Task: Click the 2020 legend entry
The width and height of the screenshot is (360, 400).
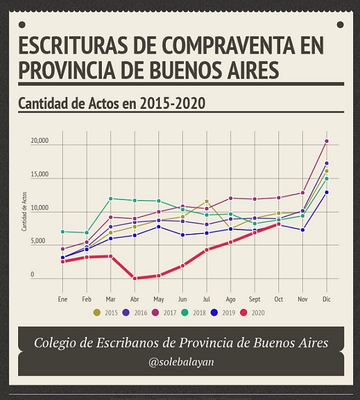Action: (253, 313)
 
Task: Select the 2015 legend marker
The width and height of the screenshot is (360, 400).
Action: (97, 313)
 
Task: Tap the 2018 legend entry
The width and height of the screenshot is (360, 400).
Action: (194, 313)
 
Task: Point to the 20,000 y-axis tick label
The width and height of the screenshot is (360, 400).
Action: (40, 140)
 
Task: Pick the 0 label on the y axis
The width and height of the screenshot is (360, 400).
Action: (33, 274)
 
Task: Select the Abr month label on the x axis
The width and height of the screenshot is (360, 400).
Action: (134, 299)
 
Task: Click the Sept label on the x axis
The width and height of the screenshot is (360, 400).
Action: (254, 299)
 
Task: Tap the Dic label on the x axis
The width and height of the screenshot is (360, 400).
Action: (327, 299)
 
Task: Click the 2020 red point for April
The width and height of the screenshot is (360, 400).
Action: (134, 279)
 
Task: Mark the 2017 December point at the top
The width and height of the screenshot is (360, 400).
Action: (326, 141)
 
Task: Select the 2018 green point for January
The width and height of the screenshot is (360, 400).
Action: (62, 231)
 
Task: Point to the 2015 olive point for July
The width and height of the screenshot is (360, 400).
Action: (207, 201)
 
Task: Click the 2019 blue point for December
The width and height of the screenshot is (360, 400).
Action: (326, 192)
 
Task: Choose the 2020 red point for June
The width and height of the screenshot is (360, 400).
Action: (182, 265)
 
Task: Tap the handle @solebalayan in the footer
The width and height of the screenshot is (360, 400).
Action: (181, 362)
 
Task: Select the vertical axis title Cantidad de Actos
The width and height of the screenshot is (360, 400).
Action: (25, 211)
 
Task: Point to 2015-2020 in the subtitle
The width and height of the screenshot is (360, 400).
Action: (173, 104)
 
